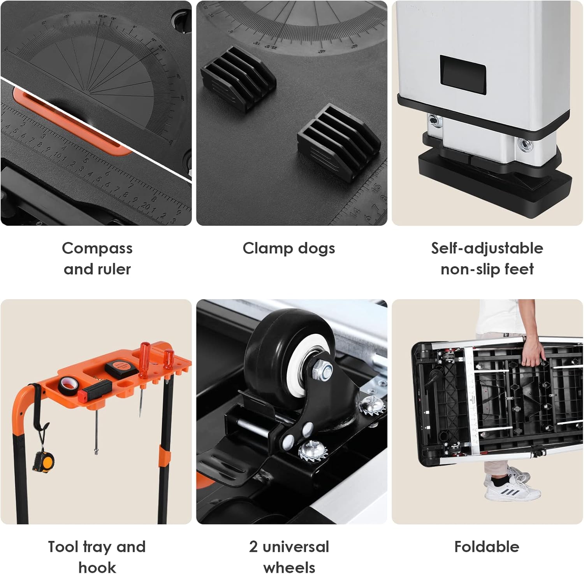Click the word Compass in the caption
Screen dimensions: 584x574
[x=97, y=248]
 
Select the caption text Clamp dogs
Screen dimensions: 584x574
[x=288, y=248]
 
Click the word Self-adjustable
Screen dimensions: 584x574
[x=487, y=248]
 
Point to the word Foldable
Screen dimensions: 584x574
[x=487, y=547]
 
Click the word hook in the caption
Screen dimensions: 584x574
[x=97, y=567]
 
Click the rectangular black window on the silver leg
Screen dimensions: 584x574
[x=463, y=74]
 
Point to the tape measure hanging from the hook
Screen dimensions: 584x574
[x=44, y=461]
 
